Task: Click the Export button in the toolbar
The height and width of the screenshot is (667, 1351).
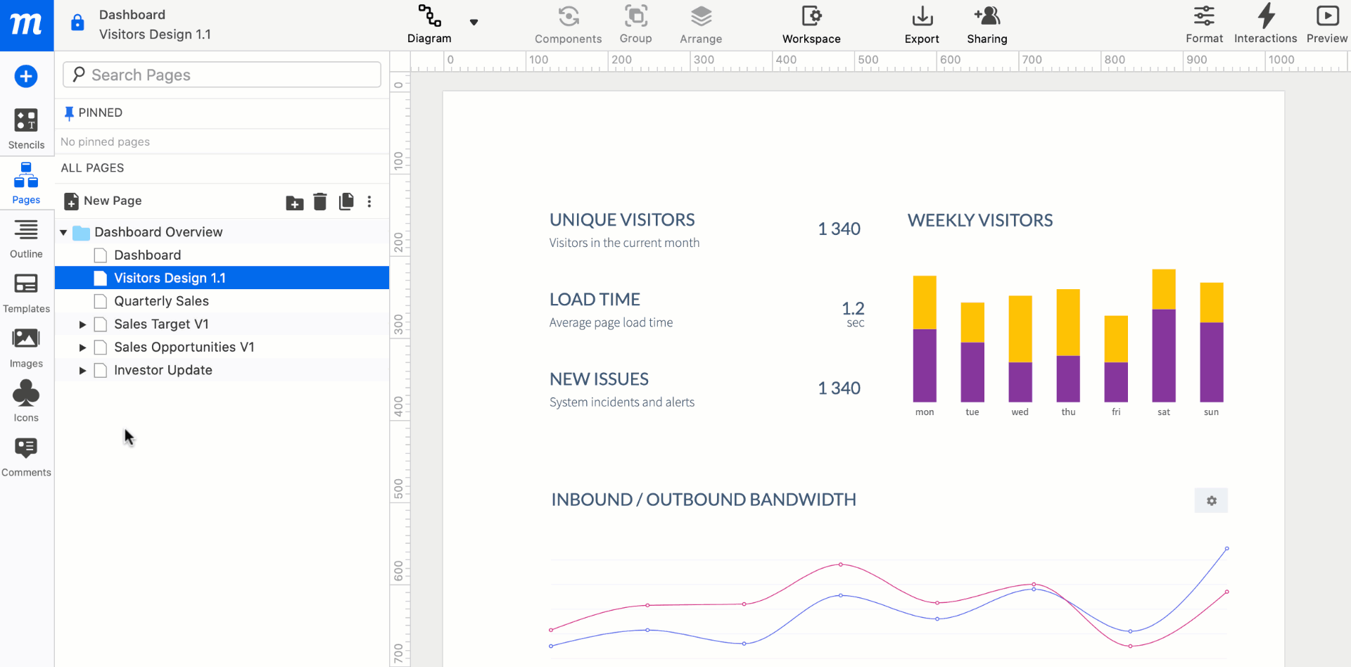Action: pos(922,24)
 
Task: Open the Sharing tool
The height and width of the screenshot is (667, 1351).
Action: pos(987,24)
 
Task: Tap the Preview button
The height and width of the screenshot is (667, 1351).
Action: pos(1326,24)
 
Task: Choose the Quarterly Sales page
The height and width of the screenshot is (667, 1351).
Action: pos(161,301)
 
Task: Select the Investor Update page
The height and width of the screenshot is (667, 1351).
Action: pos(163,370)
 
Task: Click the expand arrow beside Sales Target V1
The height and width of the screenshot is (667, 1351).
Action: pos(82,324)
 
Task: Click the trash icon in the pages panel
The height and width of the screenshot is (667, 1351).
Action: pos(320,202)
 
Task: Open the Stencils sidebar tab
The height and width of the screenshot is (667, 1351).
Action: pos(26,128)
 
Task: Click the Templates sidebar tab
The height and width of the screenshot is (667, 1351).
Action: pos(26,292)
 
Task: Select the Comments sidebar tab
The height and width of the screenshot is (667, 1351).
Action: pos(26,456)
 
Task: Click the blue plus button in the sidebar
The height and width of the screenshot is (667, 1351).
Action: pos(26,76)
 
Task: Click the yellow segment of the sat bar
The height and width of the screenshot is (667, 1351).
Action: pos(1164,289)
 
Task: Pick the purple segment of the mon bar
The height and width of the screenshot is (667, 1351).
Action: pos(925,365)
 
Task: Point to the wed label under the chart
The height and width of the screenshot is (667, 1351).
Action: pos(1020,412)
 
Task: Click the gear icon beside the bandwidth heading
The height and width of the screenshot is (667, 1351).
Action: pos(1211,501)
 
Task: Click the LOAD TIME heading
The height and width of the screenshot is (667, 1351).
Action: pos(595,300)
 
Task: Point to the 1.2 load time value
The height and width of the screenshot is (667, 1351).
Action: pos(853,308)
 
